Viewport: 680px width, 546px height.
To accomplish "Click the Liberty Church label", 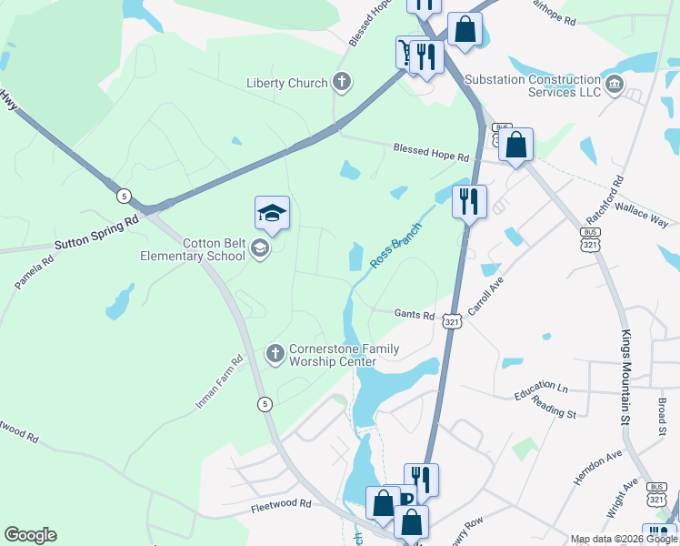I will [x=287, y=84].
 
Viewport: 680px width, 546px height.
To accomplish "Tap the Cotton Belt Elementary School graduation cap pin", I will [x=272, y=214].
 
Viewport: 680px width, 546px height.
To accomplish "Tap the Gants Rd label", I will [x=414, y=314].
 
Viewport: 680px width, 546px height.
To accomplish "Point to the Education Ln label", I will [x=540, y=391].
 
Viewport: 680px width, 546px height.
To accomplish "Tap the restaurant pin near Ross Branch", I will [x=468, y=201].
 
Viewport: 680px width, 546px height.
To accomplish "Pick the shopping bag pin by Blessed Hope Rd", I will [x=515, y=145].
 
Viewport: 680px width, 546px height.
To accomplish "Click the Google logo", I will [x=30, y=535].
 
